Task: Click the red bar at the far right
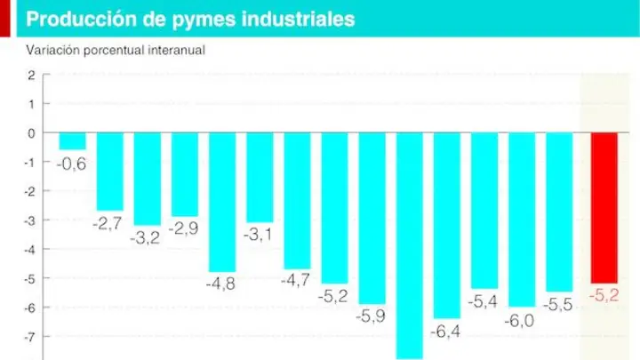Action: point(604,208)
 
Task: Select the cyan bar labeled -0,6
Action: point(72,141)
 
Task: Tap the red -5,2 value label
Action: point(604,295)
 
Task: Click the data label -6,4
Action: point(445,332)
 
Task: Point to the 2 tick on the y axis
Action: point(31,75)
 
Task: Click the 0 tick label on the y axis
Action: point(31,133)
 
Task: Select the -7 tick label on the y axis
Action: point(30,337)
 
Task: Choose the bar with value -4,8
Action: point(222,203)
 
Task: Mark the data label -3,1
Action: point(258,235)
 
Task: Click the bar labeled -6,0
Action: point(522,220)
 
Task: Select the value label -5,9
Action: point(371,316)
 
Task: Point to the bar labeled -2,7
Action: point(110,172)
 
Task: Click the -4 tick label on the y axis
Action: point(30,250)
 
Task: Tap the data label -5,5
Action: point(558,305)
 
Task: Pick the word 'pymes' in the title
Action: point(204,20)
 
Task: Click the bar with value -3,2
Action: point(148,180)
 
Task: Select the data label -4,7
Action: point(295,280)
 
